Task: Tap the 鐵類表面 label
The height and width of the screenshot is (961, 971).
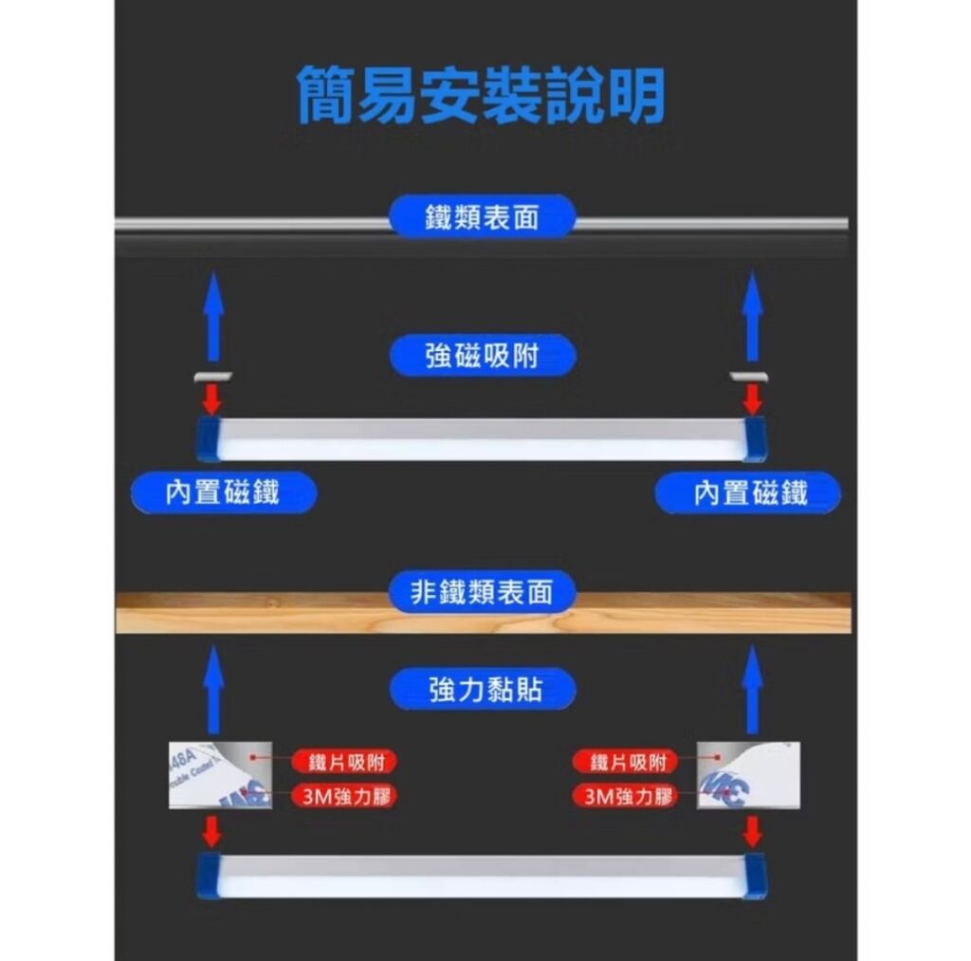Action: pyautogui.click(x=482, y=217)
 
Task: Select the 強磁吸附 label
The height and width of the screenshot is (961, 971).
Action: pyautogui.click(x=482, y=356)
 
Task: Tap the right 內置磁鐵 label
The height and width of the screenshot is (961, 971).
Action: pyautogui.click(x=749, y=492)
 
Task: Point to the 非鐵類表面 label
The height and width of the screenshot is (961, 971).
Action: pyautogui.click(x=482, y=593)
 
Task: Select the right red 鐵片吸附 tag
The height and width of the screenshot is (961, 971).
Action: pyautogui.click(x=627, y=762)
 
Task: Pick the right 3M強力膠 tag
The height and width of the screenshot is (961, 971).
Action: pyautogui.click(x=627, y=795)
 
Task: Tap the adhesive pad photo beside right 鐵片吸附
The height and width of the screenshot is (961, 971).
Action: pyautogui.click(x=748, y=775)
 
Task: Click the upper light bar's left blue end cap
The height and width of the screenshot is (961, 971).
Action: pyautogui.click(x=208, y=439)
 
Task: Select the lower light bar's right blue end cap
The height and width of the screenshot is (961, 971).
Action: pyautogui.click(x=756, y=875)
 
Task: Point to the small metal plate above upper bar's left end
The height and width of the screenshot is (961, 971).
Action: pyautogui.click(x=212, y=377)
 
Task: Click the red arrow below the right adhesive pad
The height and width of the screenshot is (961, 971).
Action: pyautogui.click(x=753, y=831)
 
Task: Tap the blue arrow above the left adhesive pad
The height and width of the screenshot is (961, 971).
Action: pyautogui.click(x=213, y=687)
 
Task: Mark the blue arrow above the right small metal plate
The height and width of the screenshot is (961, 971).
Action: pyautogui.click(x=753, y=315)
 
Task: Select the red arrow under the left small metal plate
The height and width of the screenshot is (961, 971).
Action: pyautogui.click(x=212, y=399)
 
